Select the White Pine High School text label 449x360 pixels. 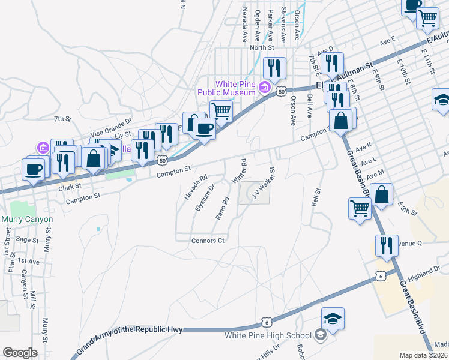pyautogui.click(x=268, y=335)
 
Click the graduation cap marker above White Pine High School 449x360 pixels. pyautogui.click(x=333, y=319)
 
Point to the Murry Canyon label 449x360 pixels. pyautogui.click(x=27, y=219)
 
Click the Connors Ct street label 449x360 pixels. pyautogui.click(x=208, y=241)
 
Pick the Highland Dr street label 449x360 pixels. pyautogui.click(x=422, y=274)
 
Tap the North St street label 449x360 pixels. pyautogui.click(x=262, y=47)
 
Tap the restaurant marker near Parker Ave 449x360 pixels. pyautogui.click(x=275, y=68)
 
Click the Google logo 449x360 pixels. pyautogui.click(x=20, y=353)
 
